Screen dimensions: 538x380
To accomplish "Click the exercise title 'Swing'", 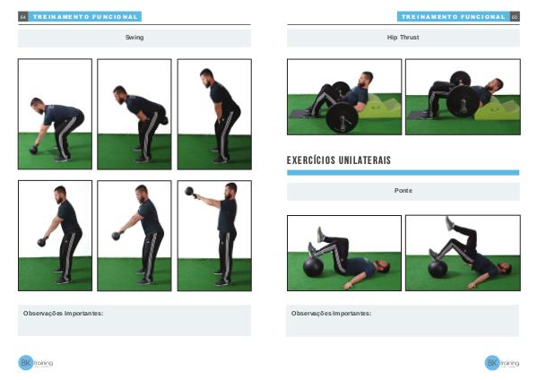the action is click(134, 38).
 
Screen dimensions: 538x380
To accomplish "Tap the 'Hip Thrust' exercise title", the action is click(403, 38).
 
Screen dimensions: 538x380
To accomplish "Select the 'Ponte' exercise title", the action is click(403, 190).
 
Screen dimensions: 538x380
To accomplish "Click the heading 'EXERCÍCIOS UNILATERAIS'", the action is click(339, 160).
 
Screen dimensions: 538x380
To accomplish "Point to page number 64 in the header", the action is click(23, 17).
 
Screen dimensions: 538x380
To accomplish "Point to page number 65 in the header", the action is click(515, 17).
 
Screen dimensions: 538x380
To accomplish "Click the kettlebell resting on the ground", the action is click(34, 149).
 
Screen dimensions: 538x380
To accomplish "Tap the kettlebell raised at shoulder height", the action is click(190, 192).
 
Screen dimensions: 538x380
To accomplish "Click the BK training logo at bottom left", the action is click(35, 362).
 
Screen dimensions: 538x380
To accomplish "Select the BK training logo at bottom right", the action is click(501, 363).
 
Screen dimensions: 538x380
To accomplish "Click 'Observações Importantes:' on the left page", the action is click(63, 313).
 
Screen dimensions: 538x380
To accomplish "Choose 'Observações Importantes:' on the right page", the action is click(331, 313).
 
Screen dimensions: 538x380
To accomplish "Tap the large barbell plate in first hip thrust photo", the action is click(342, 118).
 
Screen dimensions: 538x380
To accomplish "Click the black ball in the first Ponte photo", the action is click(313, 266).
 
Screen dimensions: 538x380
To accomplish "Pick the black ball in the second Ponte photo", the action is click(438, 268).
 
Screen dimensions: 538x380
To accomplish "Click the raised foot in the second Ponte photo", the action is click(449, 223).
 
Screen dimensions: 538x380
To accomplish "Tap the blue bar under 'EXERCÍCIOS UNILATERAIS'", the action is click(403, 172).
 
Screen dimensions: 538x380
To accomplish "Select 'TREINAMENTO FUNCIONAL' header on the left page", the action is click(85, 17).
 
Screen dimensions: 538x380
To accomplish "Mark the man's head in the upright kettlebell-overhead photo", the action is click(231, 190).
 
